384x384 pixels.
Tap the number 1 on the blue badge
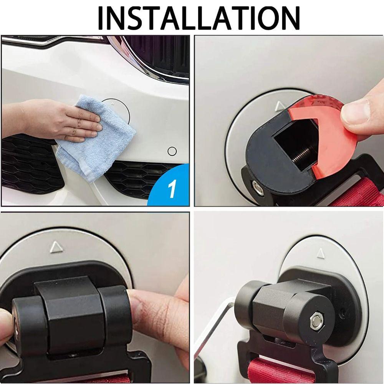(172, 189)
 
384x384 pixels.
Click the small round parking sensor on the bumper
(172, 151)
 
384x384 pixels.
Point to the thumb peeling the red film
(361, 111)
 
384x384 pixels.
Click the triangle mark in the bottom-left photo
(56, 246)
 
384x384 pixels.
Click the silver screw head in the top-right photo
(255, 187)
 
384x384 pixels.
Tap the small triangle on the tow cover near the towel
(112, 103)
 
